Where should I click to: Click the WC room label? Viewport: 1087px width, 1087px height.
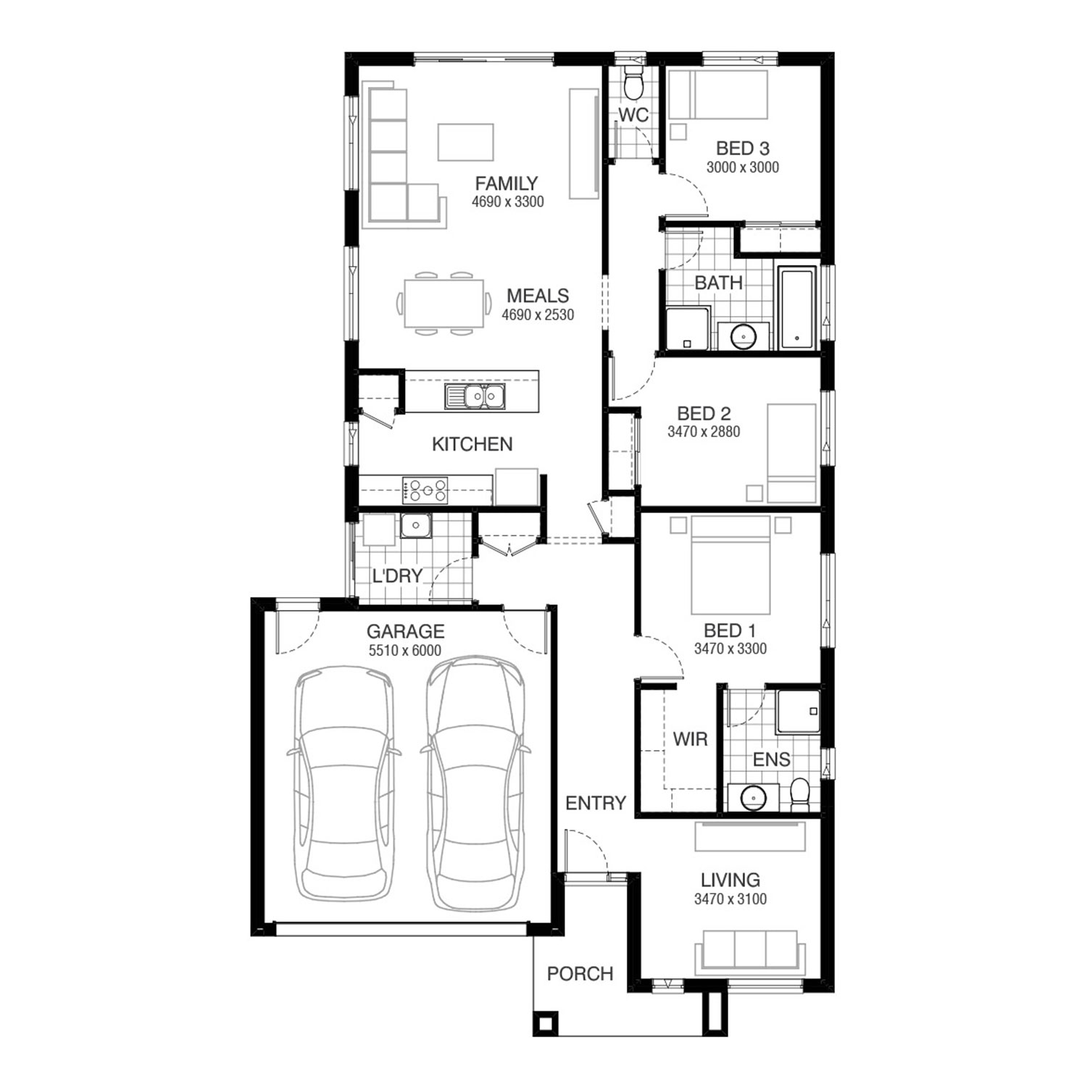[x=633, y=115]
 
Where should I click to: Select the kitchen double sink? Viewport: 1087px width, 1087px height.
[x=475, y=396]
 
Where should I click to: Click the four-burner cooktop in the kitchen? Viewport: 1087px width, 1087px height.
[x=425, y=490]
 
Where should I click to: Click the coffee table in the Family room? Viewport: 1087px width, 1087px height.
[x=466, y=141]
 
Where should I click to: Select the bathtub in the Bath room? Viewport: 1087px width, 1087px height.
[x=798, y=307]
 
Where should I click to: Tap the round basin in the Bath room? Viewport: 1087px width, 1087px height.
[x=744, y=336]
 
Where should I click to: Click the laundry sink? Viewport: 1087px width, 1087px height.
[x=416, y=526]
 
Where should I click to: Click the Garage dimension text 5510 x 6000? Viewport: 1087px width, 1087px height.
[x=405, y=651]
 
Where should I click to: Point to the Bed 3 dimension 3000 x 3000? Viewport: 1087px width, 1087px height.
[x=743, y=167]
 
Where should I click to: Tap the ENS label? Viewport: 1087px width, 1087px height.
[x=772, y=759]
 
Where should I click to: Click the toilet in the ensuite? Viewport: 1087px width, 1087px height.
[x=800, y=795]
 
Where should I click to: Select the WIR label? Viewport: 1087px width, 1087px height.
[x=690, y=740]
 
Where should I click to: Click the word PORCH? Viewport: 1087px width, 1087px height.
[x=580, y=974]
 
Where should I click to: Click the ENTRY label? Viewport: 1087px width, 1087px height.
[x=596, y=803]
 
